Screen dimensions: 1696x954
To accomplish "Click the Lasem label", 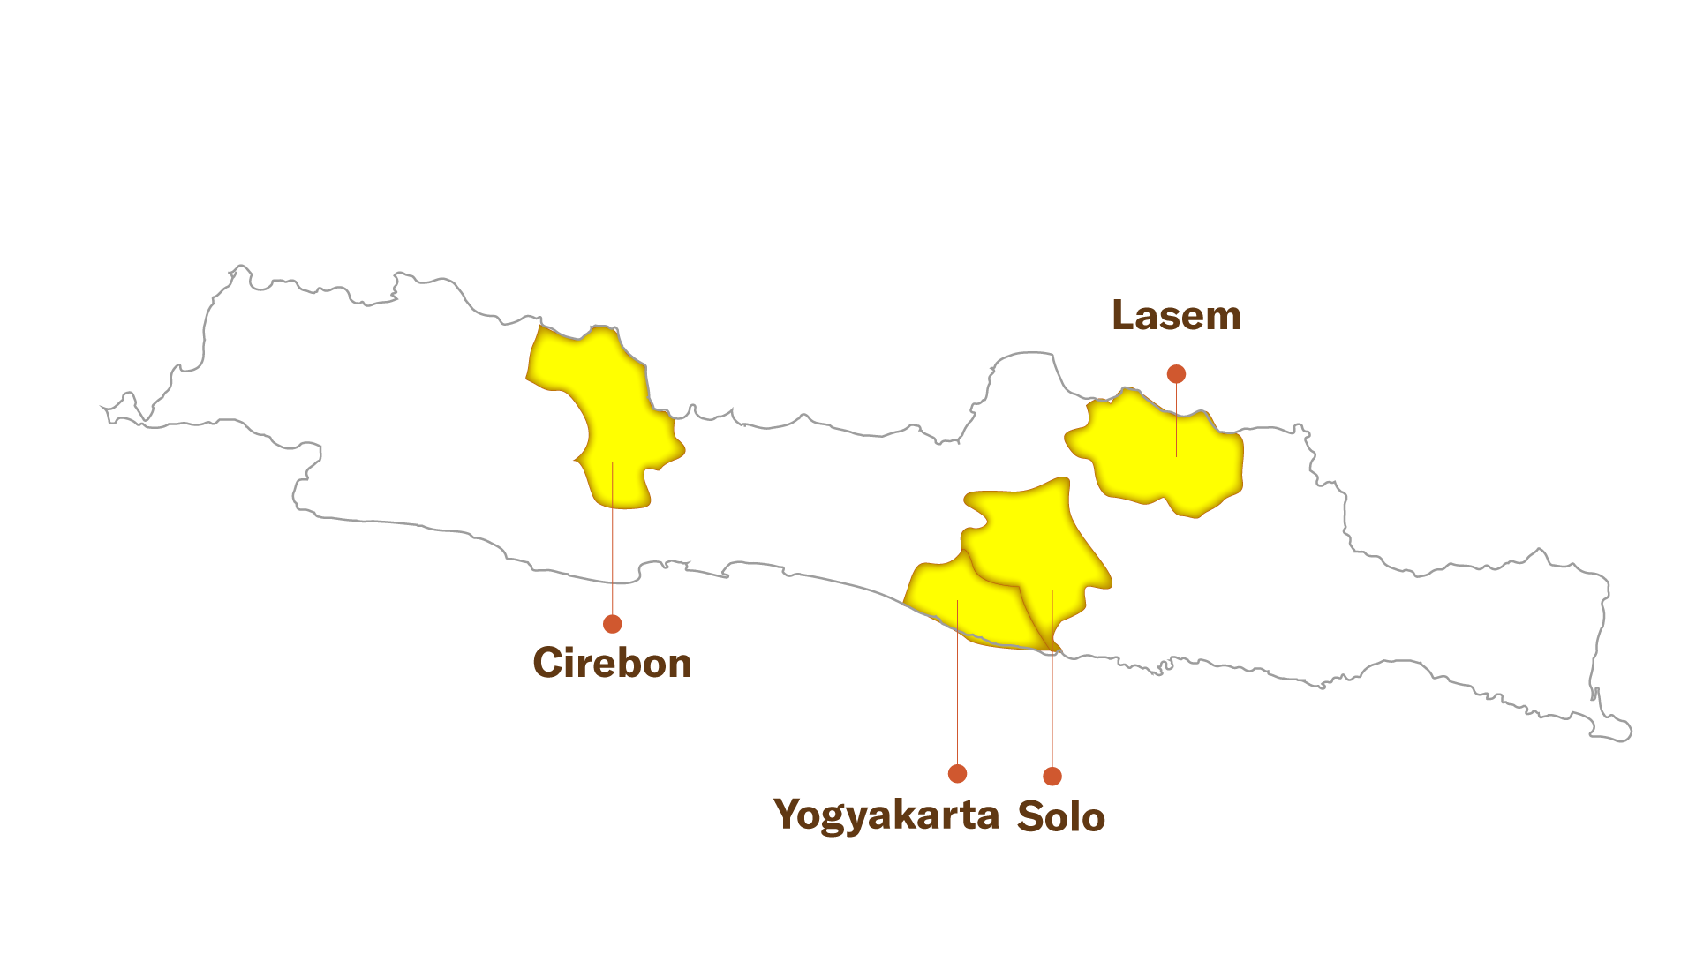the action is [1176, 316].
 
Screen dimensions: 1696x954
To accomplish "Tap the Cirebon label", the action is [612, 663].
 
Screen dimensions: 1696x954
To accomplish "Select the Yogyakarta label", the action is [886, 814].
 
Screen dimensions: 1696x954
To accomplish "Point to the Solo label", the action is [1061, 816].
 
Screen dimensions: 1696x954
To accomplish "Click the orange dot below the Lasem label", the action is [1176, 374].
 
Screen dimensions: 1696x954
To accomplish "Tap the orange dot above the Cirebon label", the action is [613, 624].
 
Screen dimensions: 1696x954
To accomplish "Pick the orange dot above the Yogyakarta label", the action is [957, 773].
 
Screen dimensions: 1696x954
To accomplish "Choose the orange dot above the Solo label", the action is [1052, 776].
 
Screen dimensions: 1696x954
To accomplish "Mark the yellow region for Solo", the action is [1042, 547].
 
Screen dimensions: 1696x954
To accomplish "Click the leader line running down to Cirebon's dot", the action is [612, 537].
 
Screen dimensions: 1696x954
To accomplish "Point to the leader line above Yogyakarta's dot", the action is [958, 682].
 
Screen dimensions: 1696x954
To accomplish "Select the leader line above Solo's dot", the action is [1052, 679].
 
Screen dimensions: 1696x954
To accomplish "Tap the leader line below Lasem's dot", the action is [1176, 419].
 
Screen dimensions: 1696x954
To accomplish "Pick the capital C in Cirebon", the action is [548, 663].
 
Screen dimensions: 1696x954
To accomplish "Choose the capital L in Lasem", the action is [1124, 316].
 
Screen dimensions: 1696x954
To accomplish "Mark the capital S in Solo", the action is [1031, 816].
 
